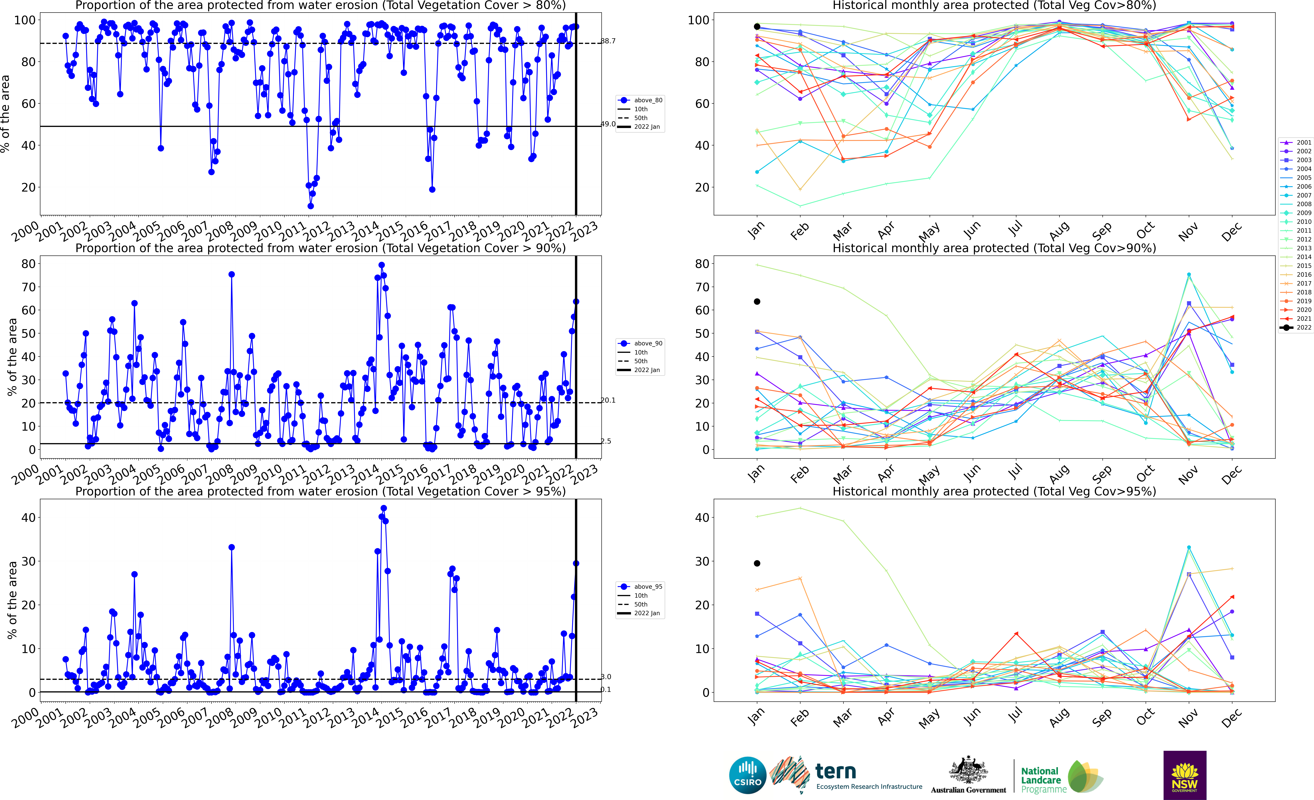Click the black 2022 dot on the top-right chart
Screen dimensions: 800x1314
click(757, 27)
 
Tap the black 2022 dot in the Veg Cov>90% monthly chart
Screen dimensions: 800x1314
click(757, 302)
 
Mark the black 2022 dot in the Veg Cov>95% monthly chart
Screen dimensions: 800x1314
click(757, 563)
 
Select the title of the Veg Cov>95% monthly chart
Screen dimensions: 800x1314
click(994, 491)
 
